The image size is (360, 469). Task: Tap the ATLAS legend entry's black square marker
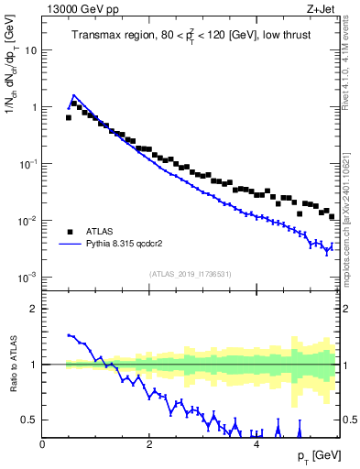coord(69,232)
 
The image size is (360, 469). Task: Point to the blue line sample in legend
coord(70,245)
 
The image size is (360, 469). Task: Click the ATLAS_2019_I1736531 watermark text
coord(191,274)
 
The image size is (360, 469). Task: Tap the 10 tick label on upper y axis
coord(31,50)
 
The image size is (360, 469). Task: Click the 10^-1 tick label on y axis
coord(28,163)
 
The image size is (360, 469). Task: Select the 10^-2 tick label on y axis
coord(28,220)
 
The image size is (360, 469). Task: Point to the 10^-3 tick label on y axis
coord(28,277)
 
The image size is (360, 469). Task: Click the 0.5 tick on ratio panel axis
coord(30,420)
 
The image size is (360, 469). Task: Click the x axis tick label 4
coord(256,443)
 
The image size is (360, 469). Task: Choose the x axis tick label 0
coord(43,443)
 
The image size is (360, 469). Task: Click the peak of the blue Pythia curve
coord(74,94)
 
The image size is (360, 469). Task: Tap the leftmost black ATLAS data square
coord(69,117)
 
